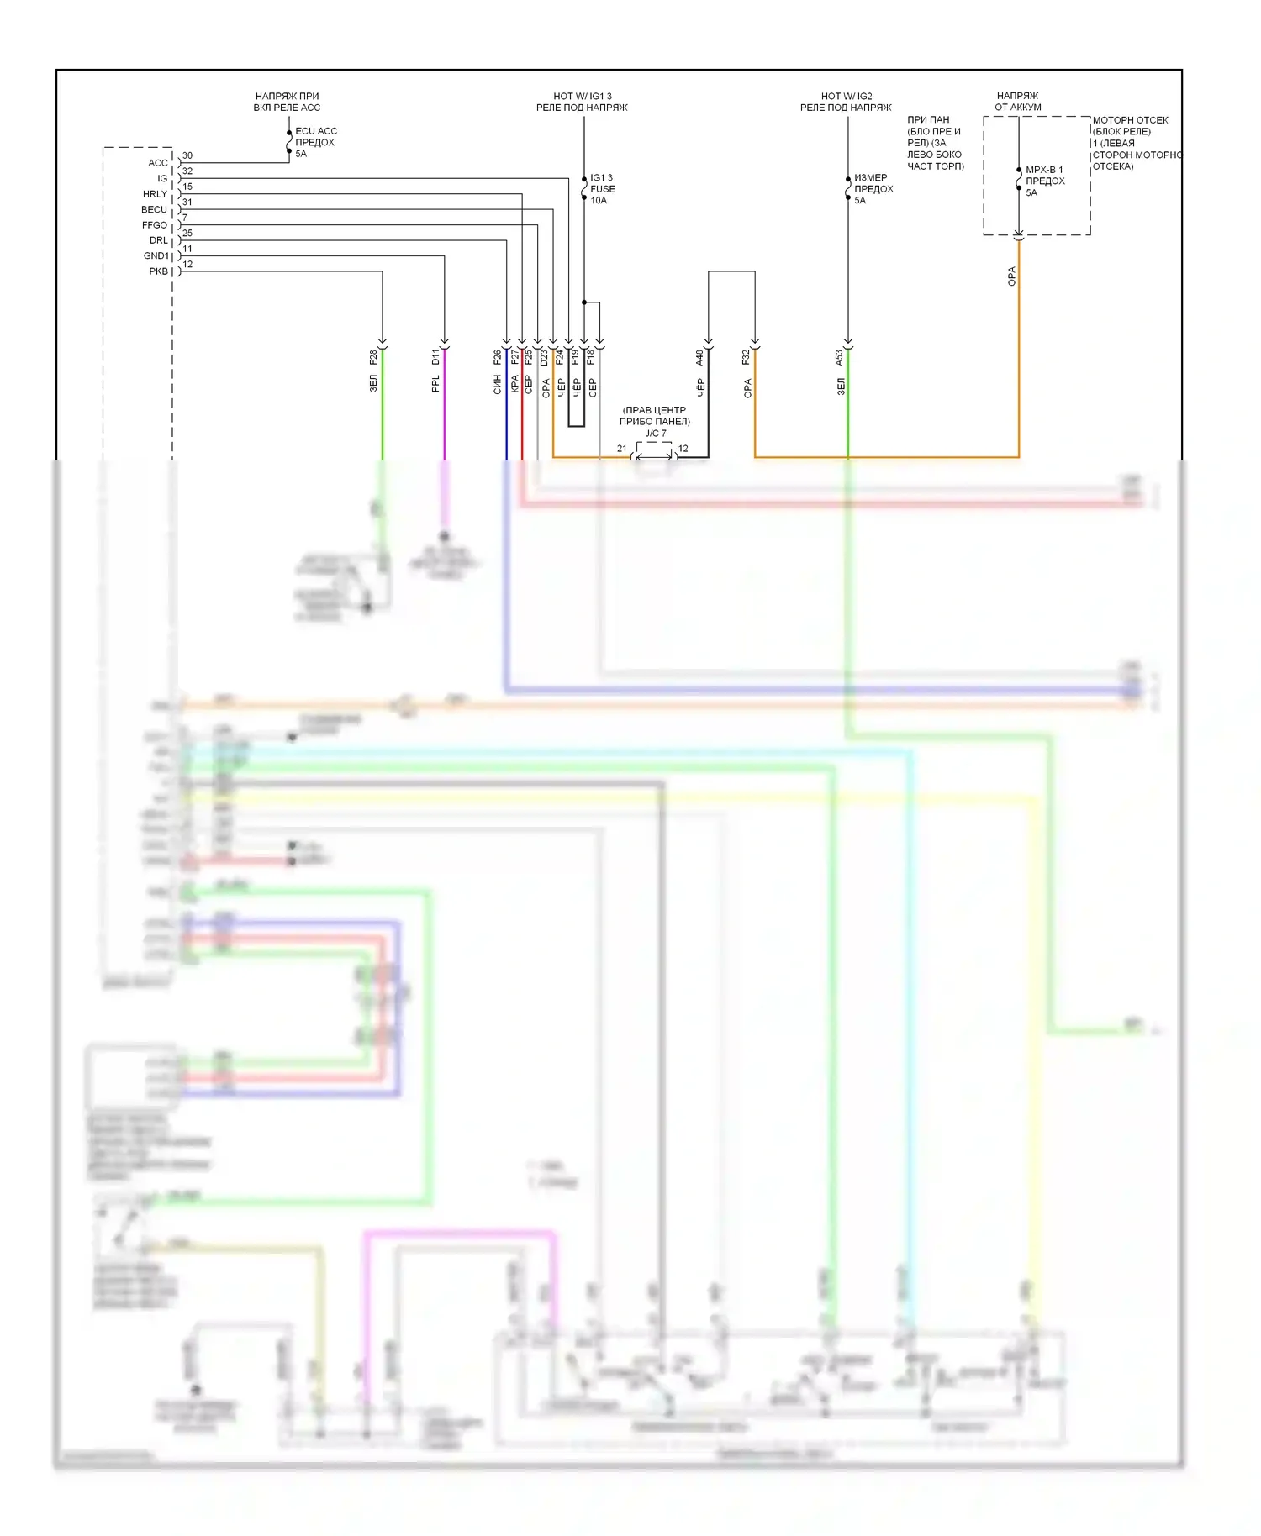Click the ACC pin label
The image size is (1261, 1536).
point(158,163)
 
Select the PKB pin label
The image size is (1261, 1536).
point(158,271)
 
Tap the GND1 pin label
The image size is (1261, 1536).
point(156,256)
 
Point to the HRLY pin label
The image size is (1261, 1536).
point(155,194)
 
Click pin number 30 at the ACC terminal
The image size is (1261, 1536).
point(187,155)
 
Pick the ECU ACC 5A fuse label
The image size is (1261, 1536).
point(315,142)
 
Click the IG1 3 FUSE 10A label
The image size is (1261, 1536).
point(602,189)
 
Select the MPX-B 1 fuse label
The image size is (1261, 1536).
point(1044,181)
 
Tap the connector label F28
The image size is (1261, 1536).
point(373,357)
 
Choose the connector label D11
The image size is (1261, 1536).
point(435,357)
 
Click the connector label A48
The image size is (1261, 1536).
point(699,358)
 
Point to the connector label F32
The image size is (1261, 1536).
point(746,357)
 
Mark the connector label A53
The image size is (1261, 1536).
point(839,358)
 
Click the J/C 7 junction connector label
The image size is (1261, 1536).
point(656,434)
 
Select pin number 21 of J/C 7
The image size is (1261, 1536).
point(622,449)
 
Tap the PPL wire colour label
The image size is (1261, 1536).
point(435,384)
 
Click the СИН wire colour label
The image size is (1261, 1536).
point(498,385)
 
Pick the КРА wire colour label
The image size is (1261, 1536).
point(514,385)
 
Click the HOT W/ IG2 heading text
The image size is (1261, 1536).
point(847,97)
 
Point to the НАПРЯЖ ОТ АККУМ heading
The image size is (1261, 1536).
point(1018,102)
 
